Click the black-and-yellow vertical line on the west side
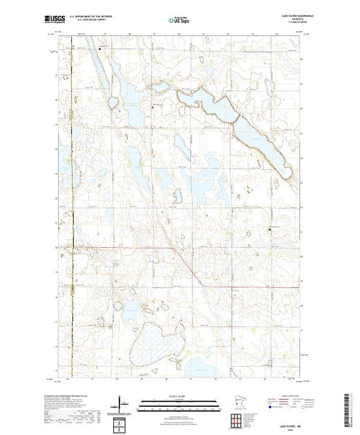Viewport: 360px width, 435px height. tap(74, 207)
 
